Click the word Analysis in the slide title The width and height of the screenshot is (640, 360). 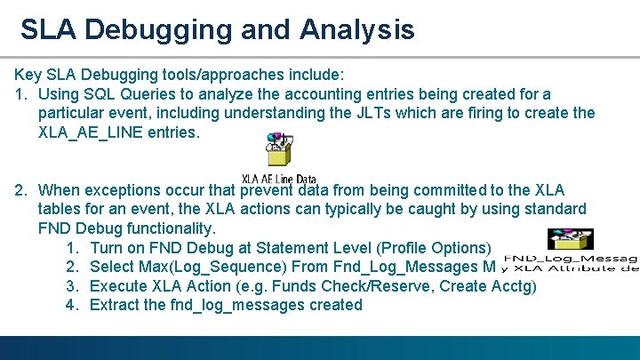click(357, 29)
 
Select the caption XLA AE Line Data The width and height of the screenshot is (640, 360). click(279, 179)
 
